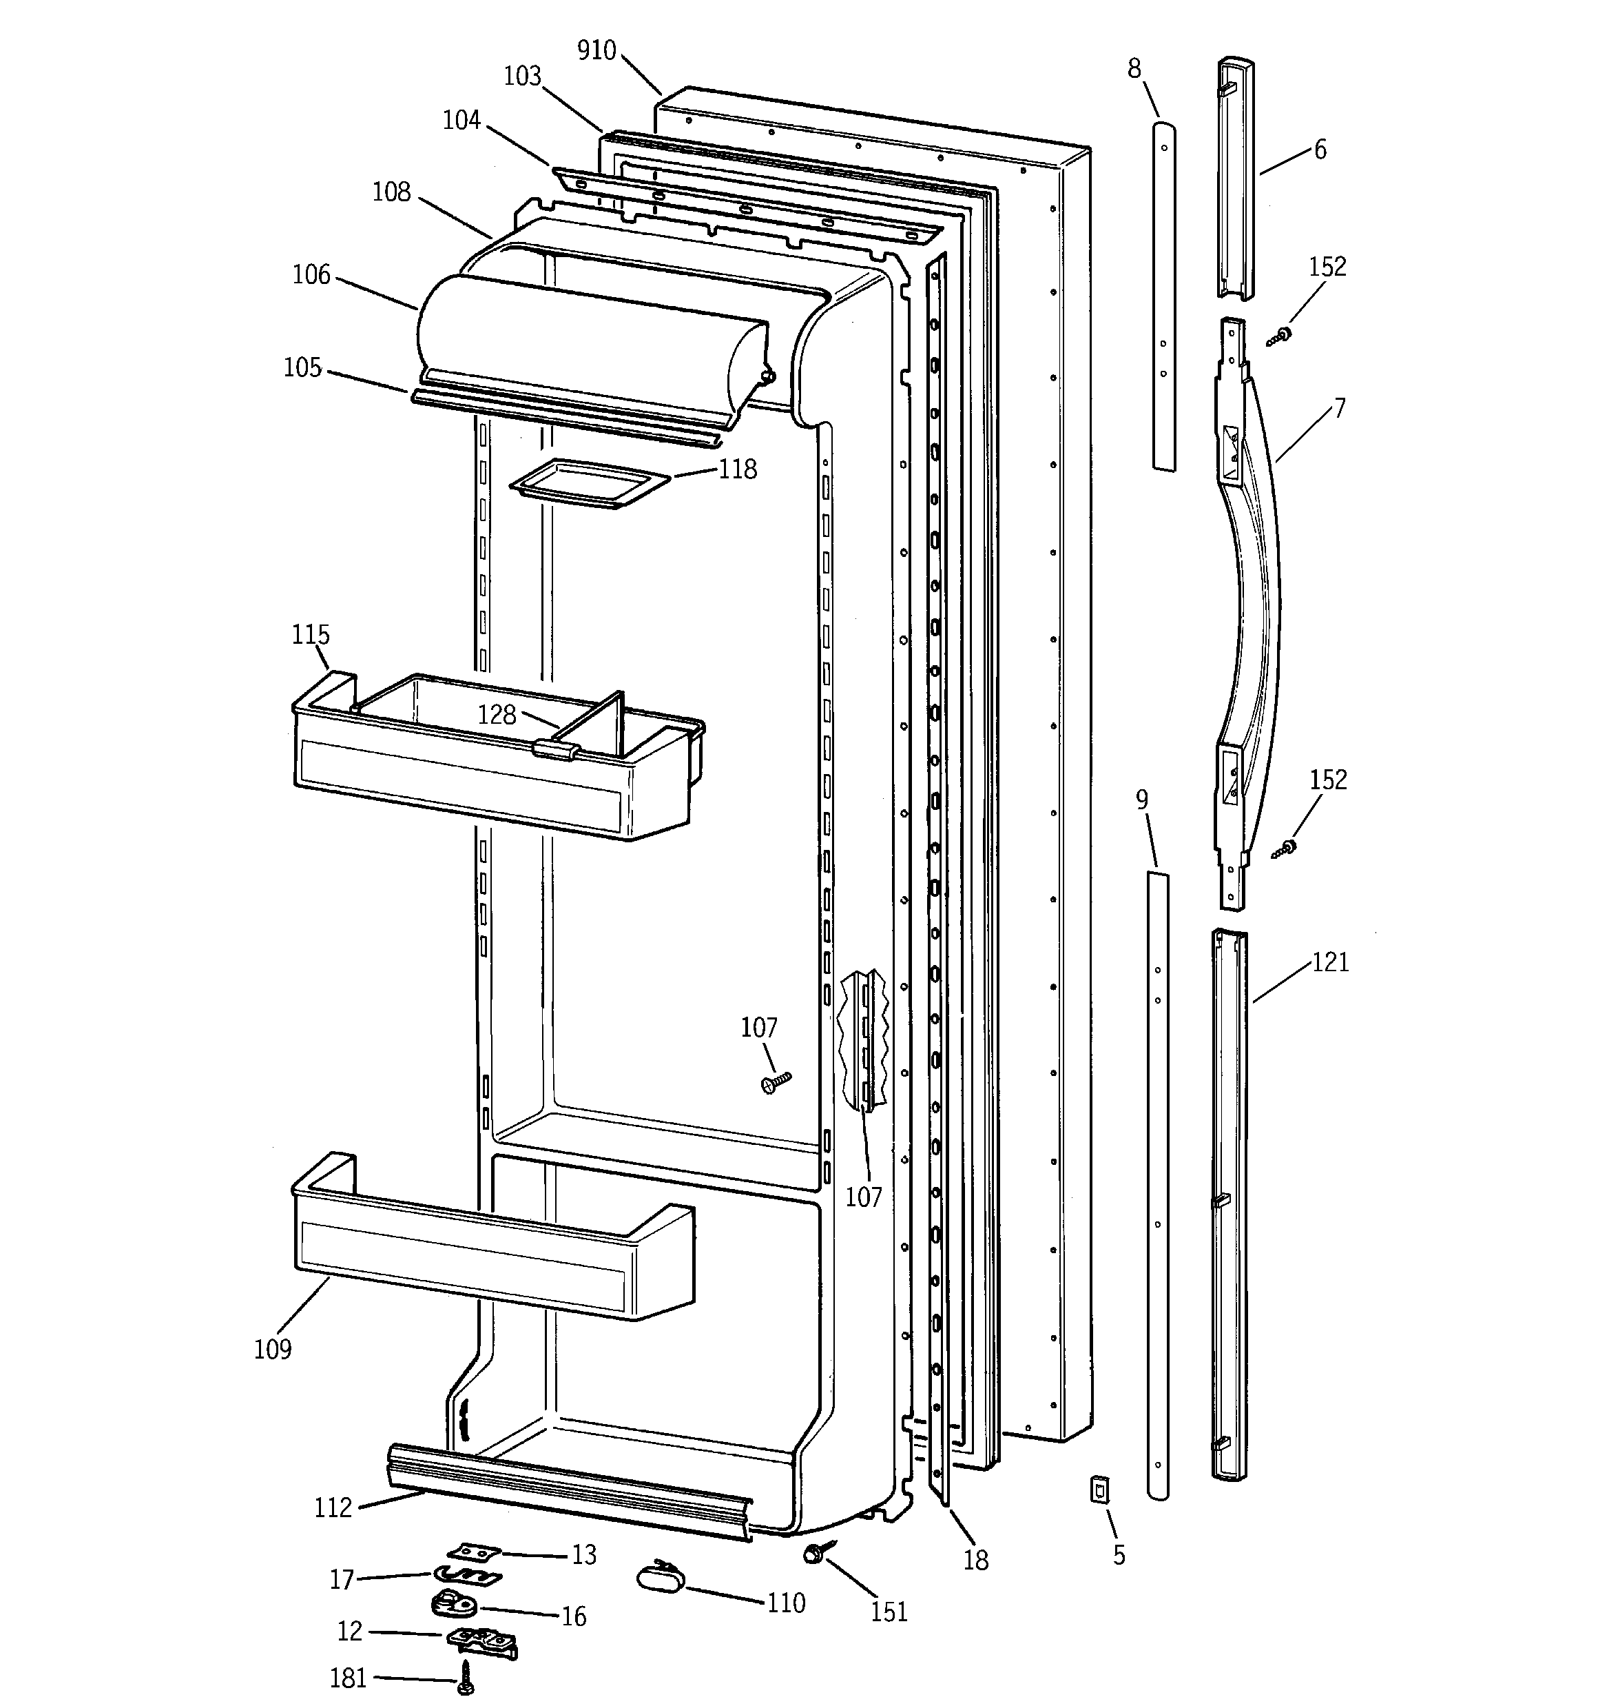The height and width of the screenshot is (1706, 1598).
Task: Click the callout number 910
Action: pos(596,50)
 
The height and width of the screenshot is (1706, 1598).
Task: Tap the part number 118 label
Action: pos(738,469)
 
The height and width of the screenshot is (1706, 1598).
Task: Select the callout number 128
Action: pos(497,714)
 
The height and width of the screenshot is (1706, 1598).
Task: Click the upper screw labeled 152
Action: pos(1281,336)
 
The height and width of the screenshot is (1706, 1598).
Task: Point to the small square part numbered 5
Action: pos(1098,1489)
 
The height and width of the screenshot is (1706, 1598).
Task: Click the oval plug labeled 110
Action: pos(658,1577)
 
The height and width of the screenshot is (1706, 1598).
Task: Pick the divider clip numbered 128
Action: pos(554,749)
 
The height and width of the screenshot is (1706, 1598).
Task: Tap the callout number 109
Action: pos(272,1349)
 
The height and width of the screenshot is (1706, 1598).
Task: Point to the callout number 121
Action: pos(1330,962)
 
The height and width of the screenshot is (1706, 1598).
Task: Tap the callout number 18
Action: pos(975,1559)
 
